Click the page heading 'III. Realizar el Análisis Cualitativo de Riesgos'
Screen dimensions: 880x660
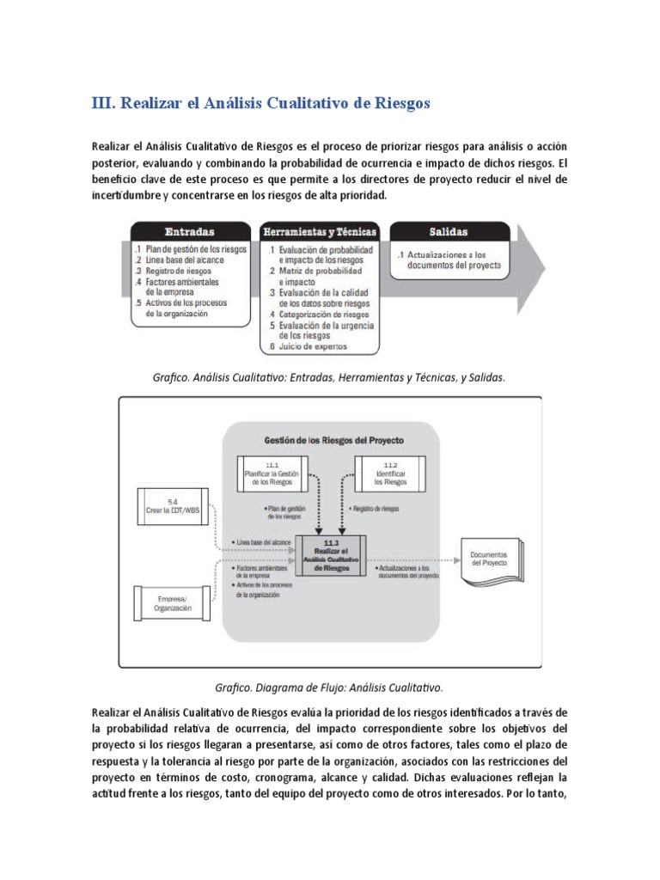click(x=260, y=103)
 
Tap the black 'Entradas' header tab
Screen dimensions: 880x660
click(x=190, y=232)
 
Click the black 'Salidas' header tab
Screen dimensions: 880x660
click(x=449, y=232)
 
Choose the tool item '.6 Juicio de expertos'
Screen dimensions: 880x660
click(x=309, y=347)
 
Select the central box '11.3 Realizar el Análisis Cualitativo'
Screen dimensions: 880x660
click(x=331, y=554)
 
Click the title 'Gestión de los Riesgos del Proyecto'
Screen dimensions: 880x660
click(x=333, y=439)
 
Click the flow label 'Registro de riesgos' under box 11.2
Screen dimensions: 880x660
click(x=375, y=509)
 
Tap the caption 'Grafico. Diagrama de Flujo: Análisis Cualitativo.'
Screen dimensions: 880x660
click(x=330, y=687)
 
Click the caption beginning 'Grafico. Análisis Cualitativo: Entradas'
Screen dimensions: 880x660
click(x=330, y=377)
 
